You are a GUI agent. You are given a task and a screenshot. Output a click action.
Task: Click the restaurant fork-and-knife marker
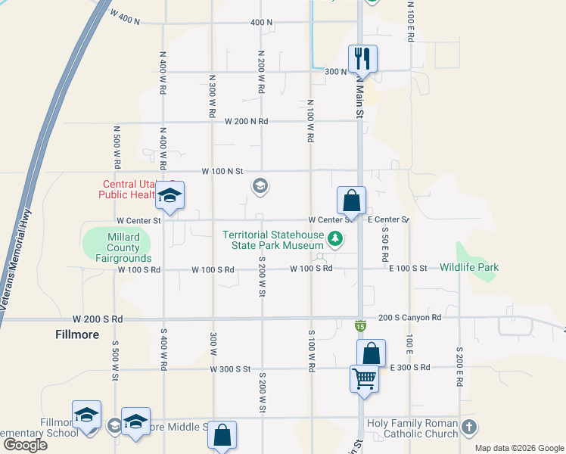(362, 59)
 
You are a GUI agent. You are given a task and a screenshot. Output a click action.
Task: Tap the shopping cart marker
(364, 378)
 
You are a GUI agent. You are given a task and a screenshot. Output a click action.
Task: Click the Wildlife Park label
(469, 268)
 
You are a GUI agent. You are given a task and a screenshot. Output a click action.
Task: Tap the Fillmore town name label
(77, 334)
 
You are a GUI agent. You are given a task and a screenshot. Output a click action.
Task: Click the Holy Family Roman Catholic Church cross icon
(469, 428)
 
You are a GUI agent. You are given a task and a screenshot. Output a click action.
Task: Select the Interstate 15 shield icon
(360, 325)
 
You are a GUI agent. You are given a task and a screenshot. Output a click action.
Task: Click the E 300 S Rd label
(409, 368)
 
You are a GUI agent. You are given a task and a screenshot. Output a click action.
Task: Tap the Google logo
(25, 444)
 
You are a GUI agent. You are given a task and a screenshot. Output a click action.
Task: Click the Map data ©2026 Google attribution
(519, 448)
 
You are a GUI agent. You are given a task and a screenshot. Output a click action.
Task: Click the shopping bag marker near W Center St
(351, 201)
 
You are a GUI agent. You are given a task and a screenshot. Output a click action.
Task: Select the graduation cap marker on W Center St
(170, 197)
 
